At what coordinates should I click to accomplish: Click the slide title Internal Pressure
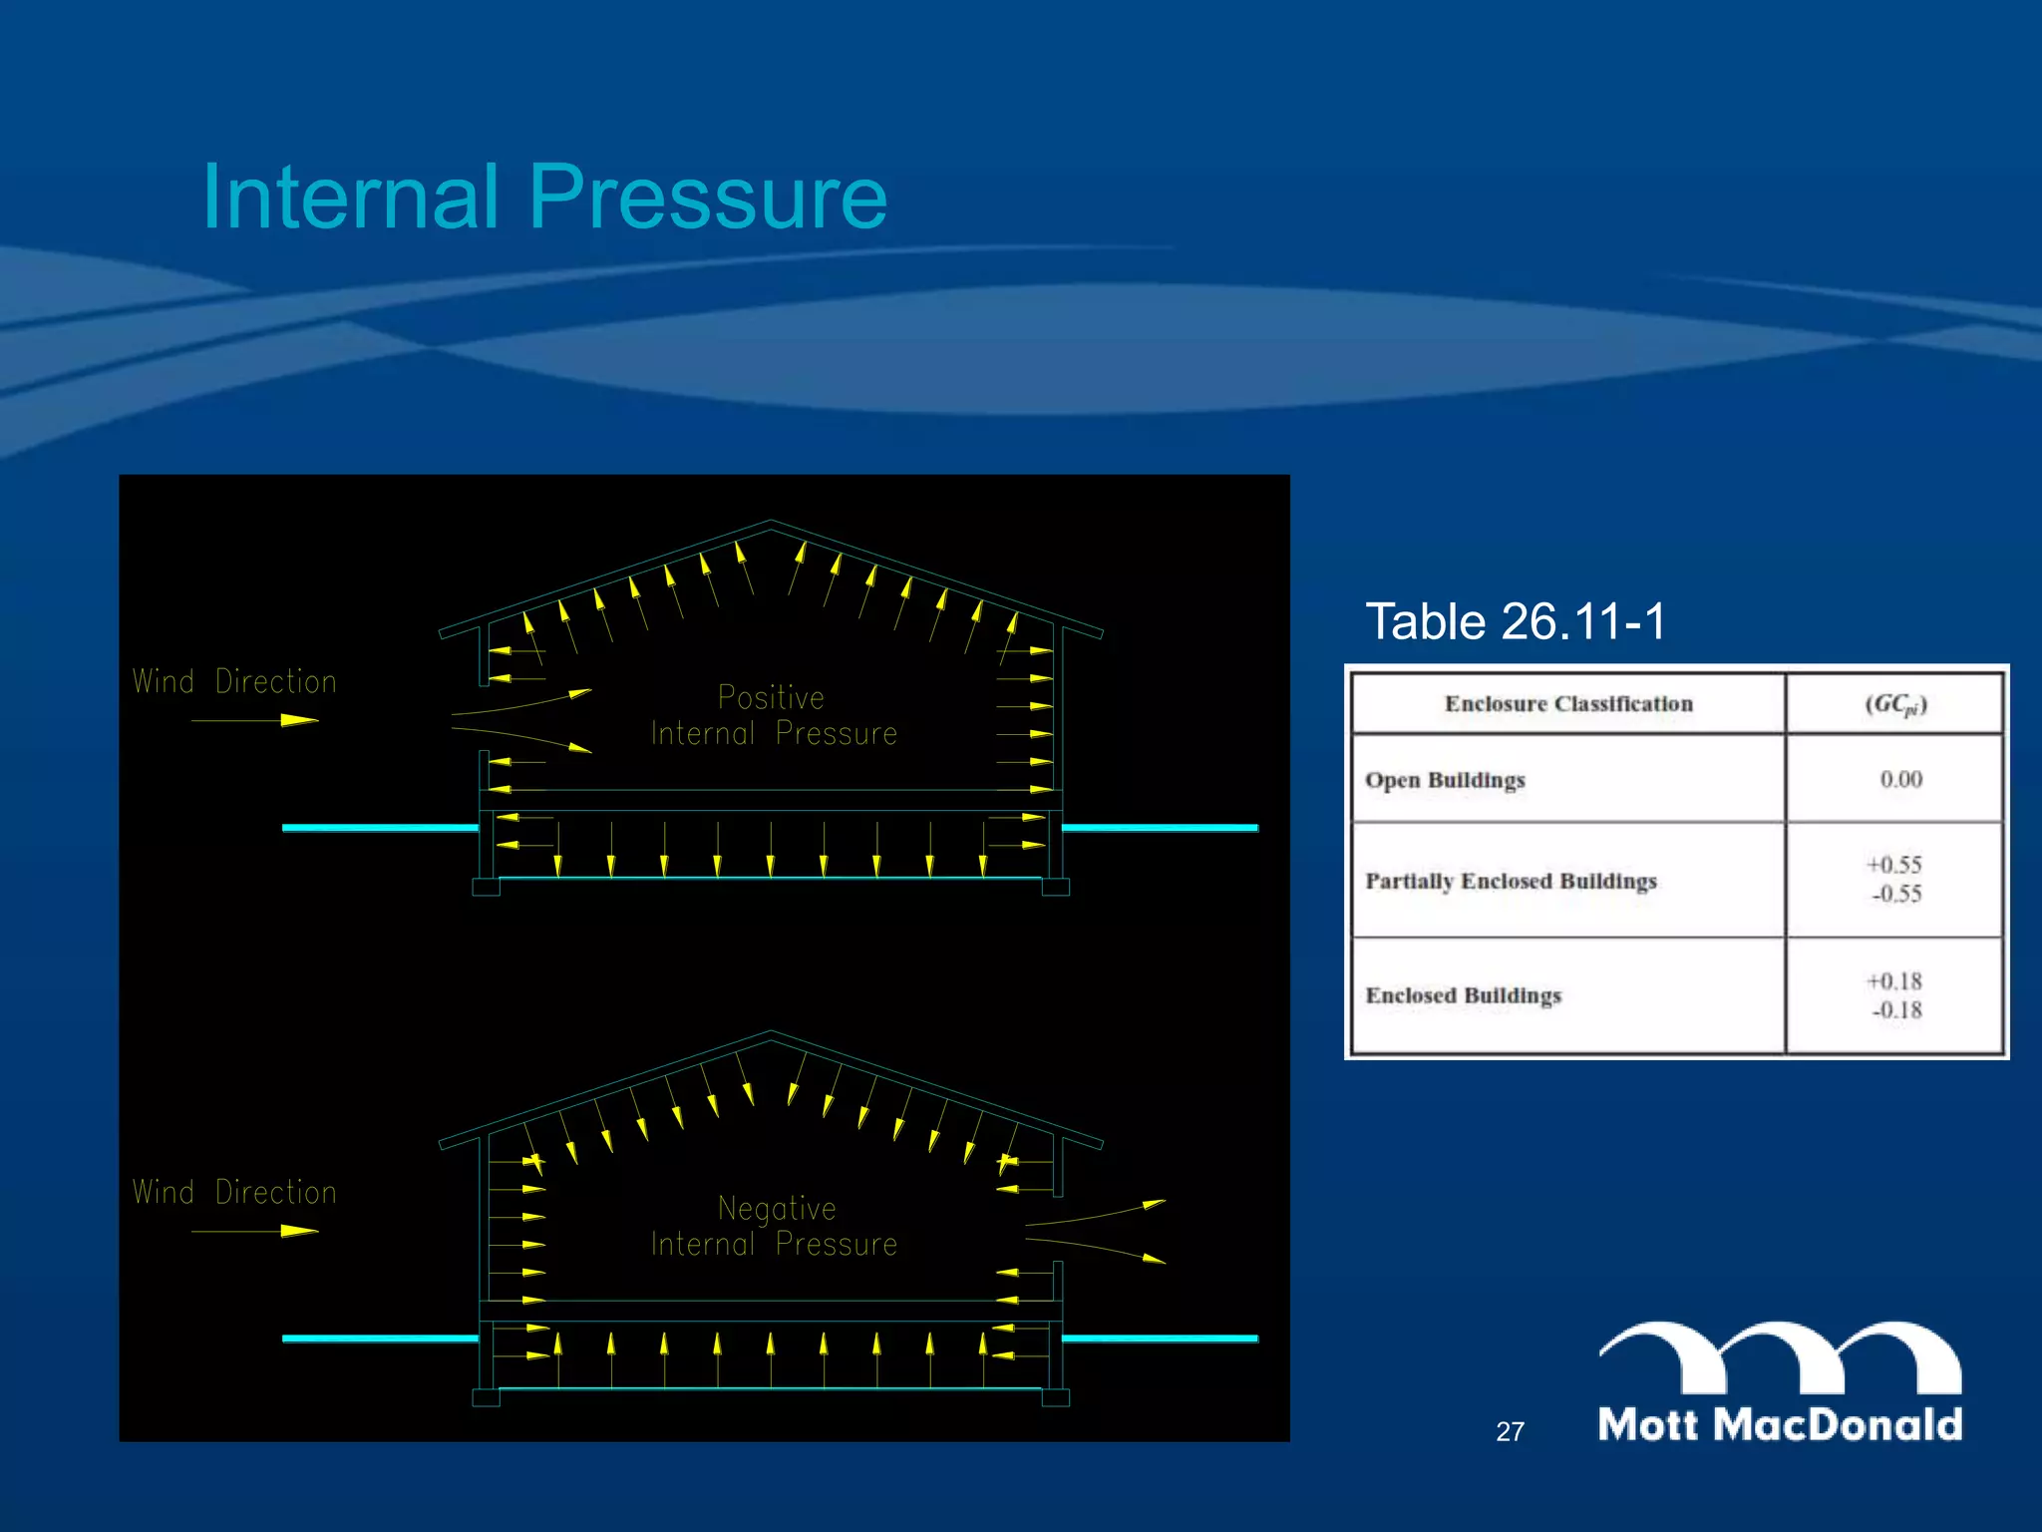pos(544,196)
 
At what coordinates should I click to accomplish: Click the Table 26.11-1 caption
pos(1515,621)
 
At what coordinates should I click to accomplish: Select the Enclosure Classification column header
pos(1568,704)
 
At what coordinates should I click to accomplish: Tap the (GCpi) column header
pos(1895,704)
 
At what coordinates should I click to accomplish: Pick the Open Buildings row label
pos(1445,780)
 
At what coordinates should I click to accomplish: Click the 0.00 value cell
pos(1900,779)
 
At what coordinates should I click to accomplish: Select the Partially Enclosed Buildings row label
pos(1511,881)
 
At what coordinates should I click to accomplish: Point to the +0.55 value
pos(1894,865)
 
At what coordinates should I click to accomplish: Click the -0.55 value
pos(1896,894)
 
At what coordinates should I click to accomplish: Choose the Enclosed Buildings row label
pos(1463,995)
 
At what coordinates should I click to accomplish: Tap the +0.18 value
pos(1894,981)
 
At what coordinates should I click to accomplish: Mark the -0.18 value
pos(1896,1010)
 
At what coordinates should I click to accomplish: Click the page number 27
pos(1510,1432)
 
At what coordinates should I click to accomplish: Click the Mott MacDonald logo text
pos(1780,1424)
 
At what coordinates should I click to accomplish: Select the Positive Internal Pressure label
pos(774,715)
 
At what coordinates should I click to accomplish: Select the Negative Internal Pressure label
pos(774,1226)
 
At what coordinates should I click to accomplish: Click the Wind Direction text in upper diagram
pos(235,682)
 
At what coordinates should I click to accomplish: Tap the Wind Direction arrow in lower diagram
pos(255,1231)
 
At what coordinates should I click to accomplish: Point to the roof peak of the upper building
pos(771,522)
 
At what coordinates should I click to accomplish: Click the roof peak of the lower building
pos(771,1032)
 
